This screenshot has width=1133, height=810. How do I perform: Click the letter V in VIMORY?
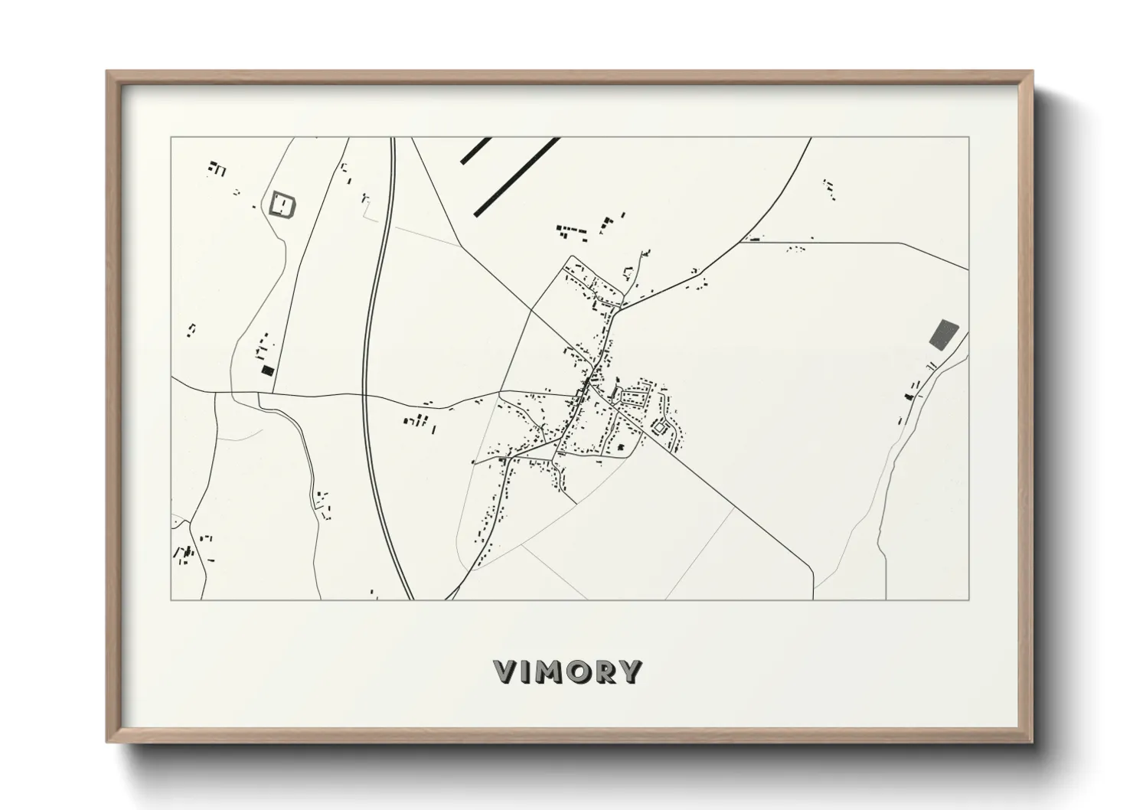click(x=508, y=672)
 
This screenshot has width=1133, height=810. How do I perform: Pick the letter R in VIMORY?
click(x=607, y=672)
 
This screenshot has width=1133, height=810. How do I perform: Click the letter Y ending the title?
click(x=631, y=672)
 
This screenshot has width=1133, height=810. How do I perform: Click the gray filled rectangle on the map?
click(x=943, y=334)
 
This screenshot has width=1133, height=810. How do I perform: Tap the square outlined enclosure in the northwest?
click(x=282, y=204)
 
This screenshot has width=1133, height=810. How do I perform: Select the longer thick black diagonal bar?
click(x=517, y=176)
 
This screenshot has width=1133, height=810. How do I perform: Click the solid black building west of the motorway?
click(x=267, y=371)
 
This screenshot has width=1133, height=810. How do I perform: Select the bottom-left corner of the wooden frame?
click(x=108, y=742)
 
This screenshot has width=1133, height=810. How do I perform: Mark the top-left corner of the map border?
click(x=171, y=138)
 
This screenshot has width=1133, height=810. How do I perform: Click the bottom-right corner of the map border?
click(x=969, y=599)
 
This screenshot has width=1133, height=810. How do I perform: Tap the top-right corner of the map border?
click(x=969, y=138)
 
